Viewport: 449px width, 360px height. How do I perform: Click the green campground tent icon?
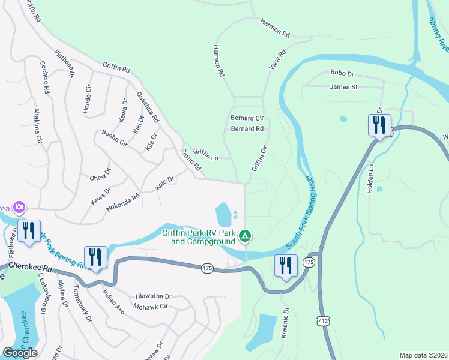point(245,236)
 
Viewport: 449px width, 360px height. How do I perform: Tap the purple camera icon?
point(19,208)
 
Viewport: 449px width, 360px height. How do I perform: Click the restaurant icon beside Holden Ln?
point(379,126)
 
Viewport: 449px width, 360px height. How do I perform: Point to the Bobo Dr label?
point(342,73)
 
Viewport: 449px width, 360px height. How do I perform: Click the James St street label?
point(343,87)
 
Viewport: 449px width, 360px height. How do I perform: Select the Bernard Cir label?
point(247,119)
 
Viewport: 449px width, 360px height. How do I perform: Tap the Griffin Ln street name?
point(205,155)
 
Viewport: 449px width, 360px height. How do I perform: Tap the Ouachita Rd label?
point(148,107)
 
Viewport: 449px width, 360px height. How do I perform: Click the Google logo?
point(20,353)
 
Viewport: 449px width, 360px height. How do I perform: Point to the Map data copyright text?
point(423,355)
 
